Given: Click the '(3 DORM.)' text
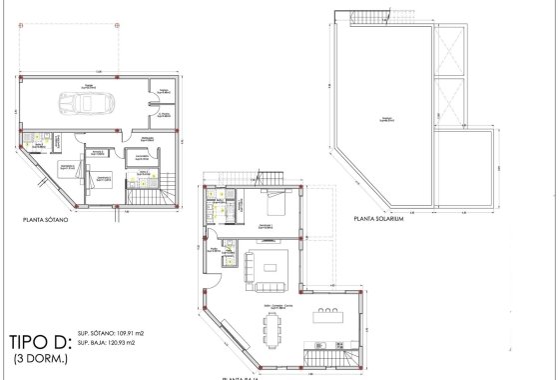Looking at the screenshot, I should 41,356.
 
